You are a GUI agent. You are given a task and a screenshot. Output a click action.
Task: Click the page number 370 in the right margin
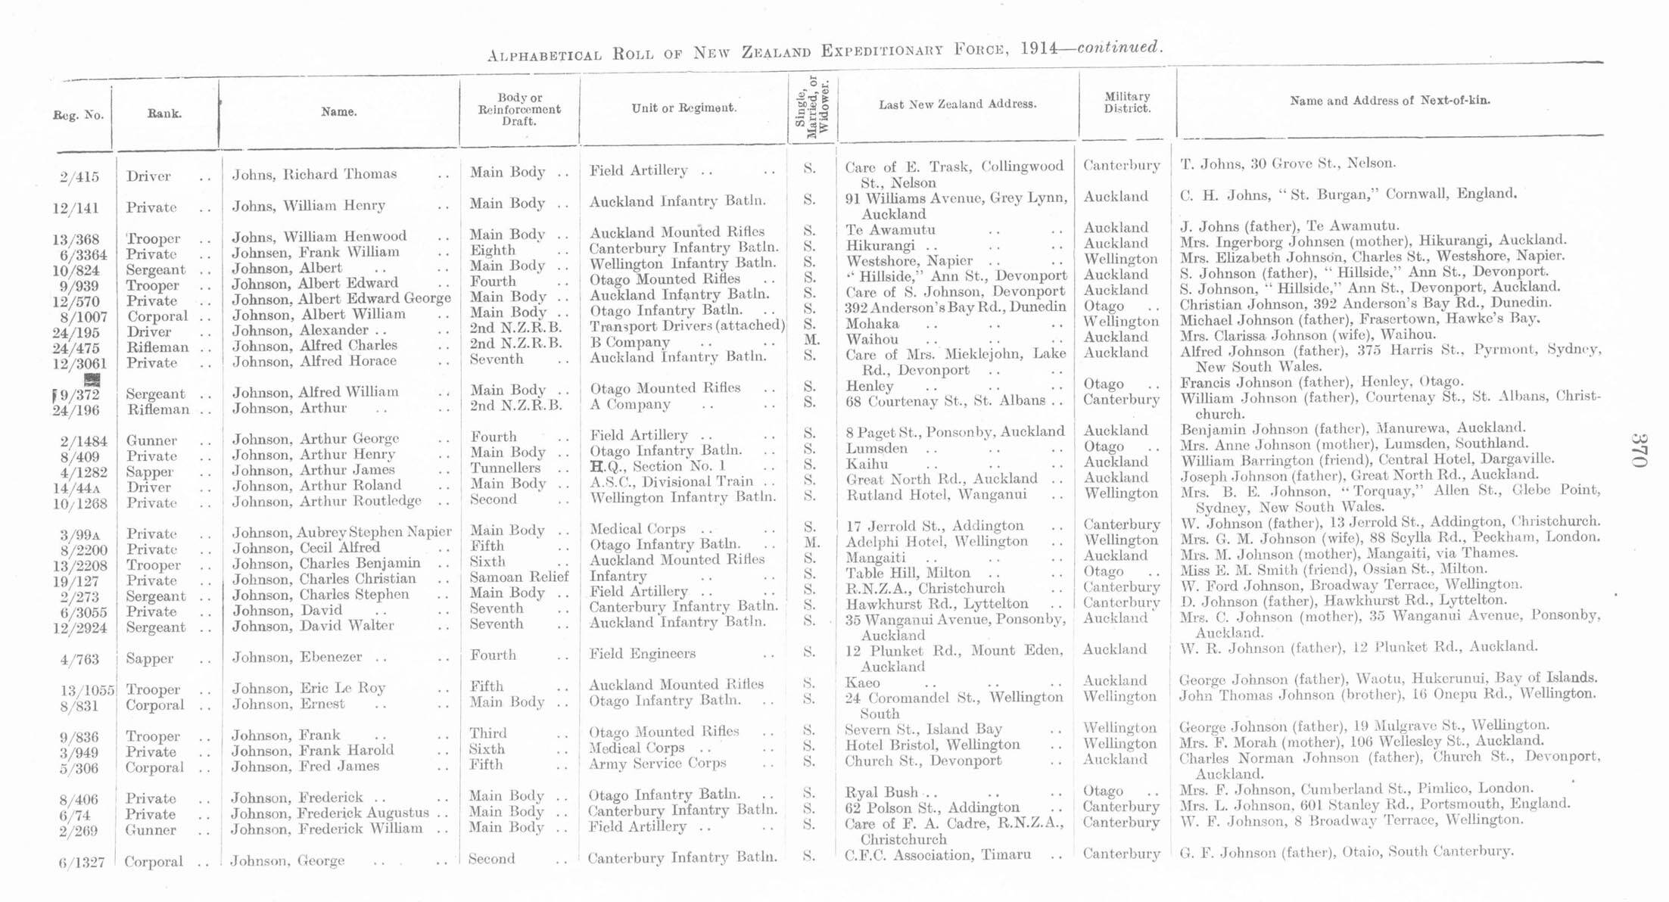pos(1639,450)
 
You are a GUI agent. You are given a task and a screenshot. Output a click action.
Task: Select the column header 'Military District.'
pos(1127,102)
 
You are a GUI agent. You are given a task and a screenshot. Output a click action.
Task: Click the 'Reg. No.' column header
pos(78,115)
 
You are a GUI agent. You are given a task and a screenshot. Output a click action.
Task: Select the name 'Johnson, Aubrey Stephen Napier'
pos(341,532)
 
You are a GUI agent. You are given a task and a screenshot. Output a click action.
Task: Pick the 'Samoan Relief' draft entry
pos(518,577)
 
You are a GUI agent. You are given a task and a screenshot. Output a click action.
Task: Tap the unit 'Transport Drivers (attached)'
pos(687,325)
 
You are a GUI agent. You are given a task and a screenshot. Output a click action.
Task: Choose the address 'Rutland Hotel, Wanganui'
pos(936,495)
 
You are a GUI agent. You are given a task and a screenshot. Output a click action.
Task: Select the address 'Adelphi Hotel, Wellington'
pos(936,542)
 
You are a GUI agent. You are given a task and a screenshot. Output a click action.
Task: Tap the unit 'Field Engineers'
pos(642,654)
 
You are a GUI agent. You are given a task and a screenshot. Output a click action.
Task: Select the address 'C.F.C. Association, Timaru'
pos(937,855)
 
